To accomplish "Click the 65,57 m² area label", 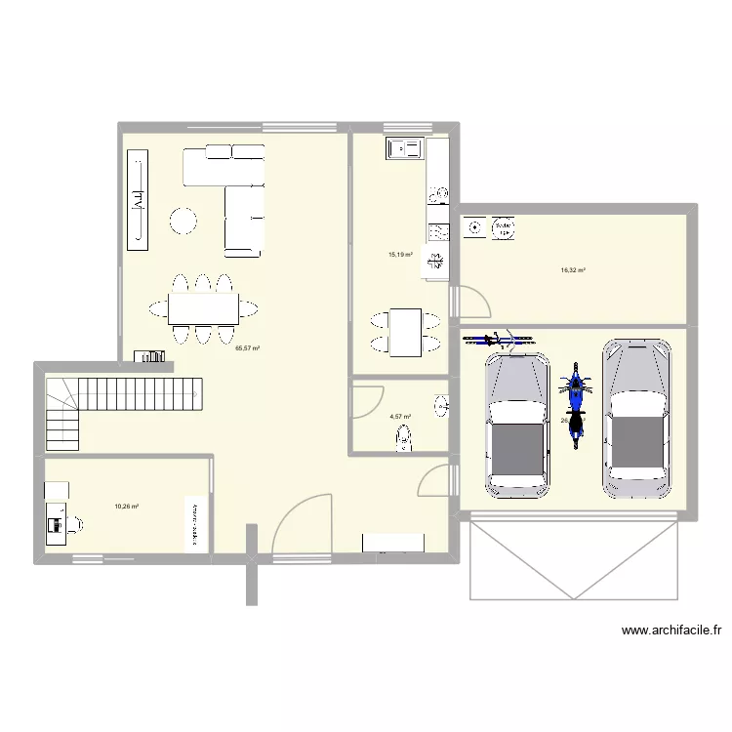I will [247, 347].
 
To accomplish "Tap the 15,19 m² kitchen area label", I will [400, 255].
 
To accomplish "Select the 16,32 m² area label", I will [573, 270].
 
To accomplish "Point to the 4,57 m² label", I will [400, 417].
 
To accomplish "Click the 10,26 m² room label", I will [126, 507].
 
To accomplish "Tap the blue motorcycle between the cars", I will [576, 403].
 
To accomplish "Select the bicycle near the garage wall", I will [498, 340].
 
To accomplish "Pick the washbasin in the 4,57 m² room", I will [442, 404].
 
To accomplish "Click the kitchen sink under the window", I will [404, 148].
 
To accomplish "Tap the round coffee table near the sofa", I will [183, 222].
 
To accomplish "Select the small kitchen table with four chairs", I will [404, 331].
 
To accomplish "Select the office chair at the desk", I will [74, 524].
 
